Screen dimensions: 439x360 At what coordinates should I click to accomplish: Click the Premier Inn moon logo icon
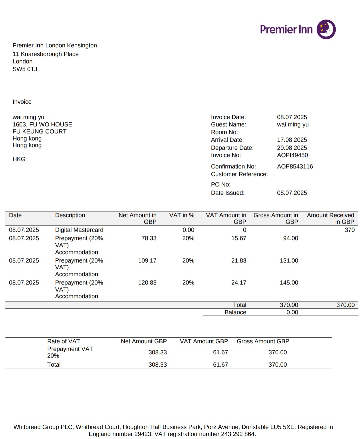(x=326, y=29)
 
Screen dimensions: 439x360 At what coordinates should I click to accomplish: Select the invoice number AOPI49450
(x=292, y=155)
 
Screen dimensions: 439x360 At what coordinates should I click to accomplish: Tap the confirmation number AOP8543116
(x=295, y=166)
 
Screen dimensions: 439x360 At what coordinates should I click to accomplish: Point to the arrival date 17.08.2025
(x=292, y=140)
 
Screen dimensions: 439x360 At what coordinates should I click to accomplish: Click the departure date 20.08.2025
(x=292, y=148)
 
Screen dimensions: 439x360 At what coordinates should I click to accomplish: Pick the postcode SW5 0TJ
(x=25, y=69)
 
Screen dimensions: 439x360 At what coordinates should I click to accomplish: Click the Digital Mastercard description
(x=79, y=230)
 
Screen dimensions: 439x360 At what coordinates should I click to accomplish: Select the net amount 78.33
(x=149, y=238)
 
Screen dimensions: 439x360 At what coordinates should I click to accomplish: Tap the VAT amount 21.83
(x=239, y=261)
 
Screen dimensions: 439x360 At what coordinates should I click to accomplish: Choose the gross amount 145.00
(x=289, y=283)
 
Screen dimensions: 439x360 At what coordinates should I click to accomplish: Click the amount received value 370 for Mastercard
(x=349, y=230)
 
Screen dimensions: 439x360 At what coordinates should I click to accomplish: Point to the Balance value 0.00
(x=292, y=312)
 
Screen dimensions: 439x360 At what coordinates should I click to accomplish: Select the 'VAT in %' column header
(x=182, y=215)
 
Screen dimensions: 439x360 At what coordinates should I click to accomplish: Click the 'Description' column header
(x=70, y=215)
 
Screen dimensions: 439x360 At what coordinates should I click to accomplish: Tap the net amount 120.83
(x=147, y=283)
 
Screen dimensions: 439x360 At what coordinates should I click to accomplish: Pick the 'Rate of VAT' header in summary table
(x=63, y=341)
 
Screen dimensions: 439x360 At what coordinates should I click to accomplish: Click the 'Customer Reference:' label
(x=239, y=174)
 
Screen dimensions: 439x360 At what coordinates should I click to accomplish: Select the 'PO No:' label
(x=221, y=184)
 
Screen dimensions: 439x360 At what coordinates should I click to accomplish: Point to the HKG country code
(x=19, y=159)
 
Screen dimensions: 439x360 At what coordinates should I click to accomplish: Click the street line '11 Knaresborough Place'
(x=46, y=54)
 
